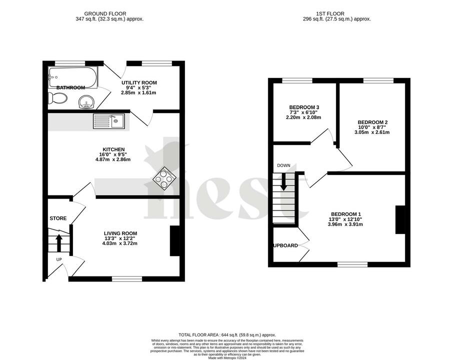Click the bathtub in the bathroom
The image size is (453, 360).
pyautogui.click(x=73, y=77)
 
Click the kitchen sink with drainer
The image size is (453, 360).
pyautogui.click(x=108, y=120)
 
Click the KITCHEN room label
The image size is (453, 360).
pyautogui.click(x=113, y=149)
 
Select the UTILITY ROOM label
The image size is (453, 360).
pyautogui.click(x=139, y=82)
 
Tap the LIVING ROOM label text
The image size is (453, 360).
pyautogui.click(x=120, y=233)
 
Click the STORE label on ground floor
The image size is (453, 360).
pyautogui.click(x=58, y=218)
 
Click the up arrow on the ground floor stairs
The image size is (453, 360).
pyautogui.click(x=58, y=243)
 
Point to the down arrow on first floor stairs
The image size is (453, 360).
pyautogui.click(x=283, y=181)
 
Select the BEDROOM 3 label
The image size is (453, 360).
pyautogui.click(x=304, y=107)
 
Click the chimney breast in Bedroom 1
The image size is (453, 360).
pyautogui.click(x=400, y=219)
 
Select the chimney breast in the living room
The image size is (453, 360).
pyautogui.click(x=174, y=241)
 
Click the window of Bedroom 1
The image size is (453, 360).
pyautogui.click(x=353, y=263)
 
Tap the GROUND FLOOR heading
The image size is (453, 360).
pyautogui.click(x=105, y=13)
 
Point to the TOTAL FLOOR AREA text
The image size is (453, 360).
pyautogui.click(x=227, y=334)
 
